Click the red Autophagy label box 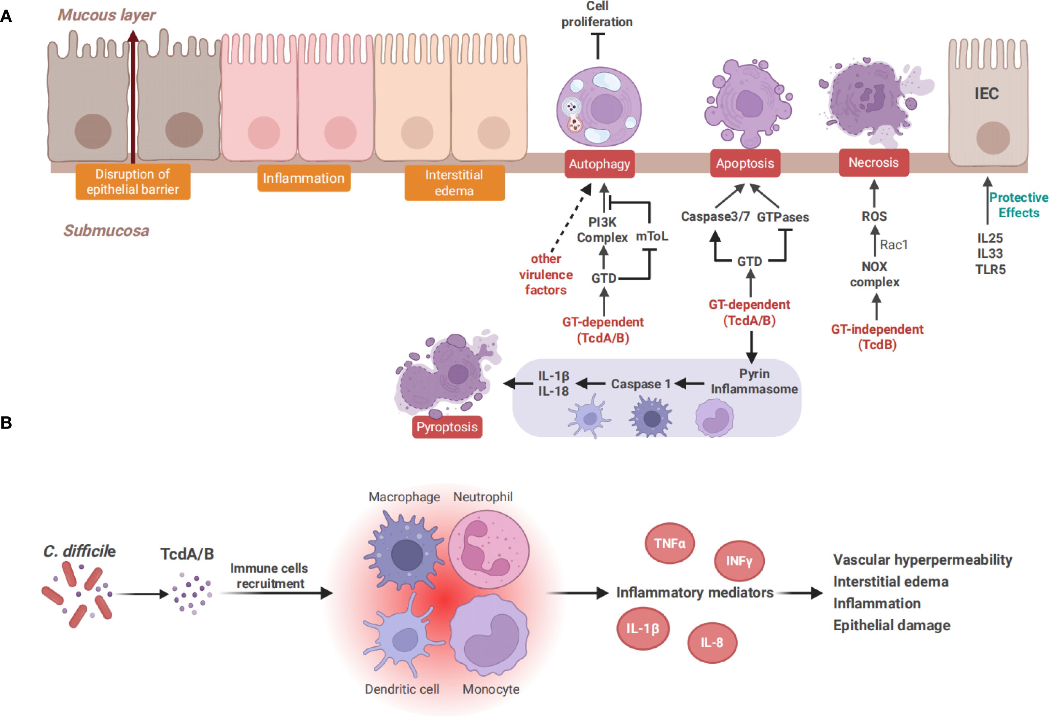[599, 164]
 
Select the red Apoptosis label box [745, 163]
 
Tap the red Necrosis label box [874, 162]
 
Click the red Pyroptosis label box [447, 427]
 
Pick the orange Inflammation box [304, 178]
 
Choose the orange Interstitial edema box [454, 182]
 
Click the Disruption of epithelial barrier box [133, 182]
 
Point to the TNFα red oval [669, 543]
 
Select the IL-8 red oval [712, 642]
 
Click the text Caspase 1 [640, 384]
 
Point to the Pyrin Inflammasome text [754, 382]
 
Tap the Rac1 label [893, 245]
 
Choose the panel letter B [6, 422]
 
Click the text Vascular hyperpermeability [922, 560]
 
